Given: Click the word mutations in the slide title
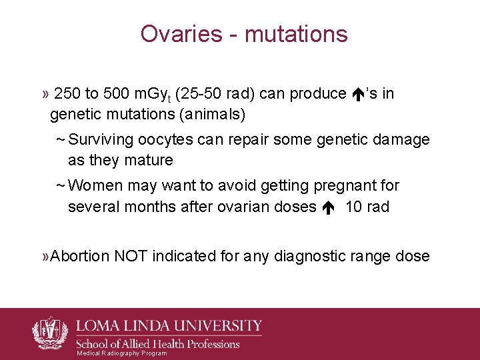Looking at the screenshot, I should pos(296,33).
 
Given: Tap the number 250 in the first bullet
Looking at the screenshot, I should pos(67,94).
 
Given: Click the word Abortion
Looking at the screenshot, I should pos(79,256).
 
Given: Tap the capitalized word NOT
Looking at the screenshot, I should pos(131,256).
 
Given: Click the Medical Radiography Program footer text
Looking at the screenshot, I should pos(122,353).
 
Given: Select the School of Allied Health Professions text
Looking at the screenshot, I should pos(159,344).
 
